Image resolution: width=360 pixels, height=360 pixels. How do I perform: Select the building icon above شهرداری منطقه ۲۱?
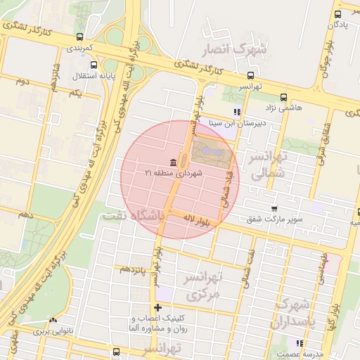(x=173, y=162)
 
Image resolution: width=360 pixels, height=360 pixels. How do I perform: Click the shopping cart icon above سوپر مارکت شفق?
(x=274, y=209)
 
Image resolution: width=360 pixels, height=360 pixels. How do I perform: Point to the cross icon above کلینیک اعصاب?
(x=157, y=307)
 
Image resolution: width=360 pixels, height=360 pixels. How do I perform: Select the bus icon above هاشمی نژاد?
(x=283, y=97)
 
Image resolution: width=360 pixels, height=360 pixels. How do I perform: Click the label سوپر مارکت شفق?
(x=275, y=219)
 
